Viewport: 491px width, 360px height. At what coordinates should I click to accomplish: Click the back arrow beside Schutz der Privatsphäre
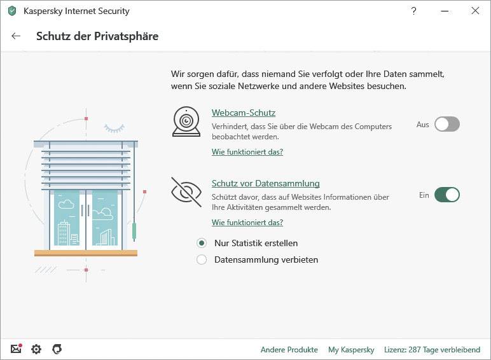(16, 36)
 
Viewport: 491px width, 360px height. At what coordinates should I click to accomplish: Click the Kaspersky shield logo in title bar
(12, 11)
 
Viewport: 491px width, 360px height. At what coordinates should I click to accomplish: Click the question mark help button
(414, 11)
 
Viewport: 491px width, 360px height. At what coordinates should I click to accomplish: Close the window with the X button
(474, 11)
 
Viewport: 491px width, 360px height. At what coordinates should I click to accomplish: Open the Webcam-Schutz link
(243, 113)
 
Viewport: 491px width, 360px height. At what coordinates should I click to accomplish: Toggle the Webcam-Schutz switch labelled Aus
(446, 125)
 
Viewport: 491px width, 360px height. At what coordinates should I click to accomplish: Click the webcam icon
(186, 121)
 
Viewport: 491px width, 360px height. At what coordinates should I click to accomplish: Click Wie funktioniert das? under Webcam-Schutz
(247, 152)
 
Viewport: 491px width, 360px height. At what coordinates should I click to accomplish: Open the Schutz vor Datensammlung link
(265, 183)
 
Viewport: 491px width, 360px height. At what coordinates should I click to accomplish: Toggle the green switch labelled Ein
(446, 195)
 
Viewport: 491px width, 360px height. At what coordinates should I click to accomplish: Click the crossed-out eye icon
(186, 192)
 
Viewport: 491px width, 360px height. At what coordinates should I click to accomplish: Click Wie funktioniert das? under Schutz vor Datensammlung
(247, 223)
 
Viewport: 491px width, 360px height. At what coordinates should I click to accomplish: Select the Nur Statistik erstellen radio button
(202, 243)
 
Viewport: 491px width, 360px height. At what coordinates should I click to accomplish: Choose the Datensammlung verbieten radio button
(202, 260)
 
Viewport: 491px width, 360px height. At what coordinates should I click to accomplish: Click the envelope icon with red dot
(16, 349)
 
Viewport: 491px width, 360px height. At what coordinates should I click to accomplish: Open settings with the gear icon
(36, 349)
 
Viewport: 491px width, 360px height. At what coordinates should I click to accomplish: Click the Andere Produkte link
(289, 350)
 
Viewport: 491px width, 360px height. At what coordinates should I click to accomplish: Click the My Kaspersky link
(350, 350)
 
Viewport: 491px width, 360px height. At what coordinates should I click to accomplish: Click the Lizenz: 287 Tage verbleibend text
(432, 350)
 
